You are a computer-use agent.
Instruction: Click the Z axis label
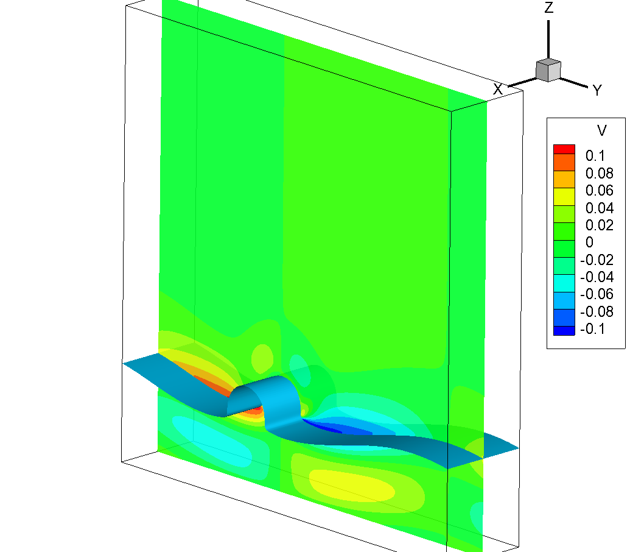pos(548,7)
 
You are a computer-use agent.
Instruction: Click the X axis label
pos(497,89)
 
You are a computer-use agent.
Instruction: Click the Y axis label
pos(597,90)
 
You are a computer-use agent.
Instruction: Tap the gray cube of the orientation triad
pos(548,70)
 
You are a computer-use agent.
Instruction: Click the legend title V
pos(601,131)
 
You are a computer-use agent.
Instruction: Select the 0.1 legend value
pos(595,156)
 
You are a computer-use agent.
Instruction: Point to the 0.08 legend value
pos(599,173)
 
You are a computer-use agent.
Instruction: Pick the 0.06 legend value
pos(599,190)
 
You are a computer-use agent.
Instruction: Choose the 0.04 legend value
pos(599,208)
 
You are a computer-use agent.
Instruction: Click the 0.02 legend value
pos(599,225)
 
